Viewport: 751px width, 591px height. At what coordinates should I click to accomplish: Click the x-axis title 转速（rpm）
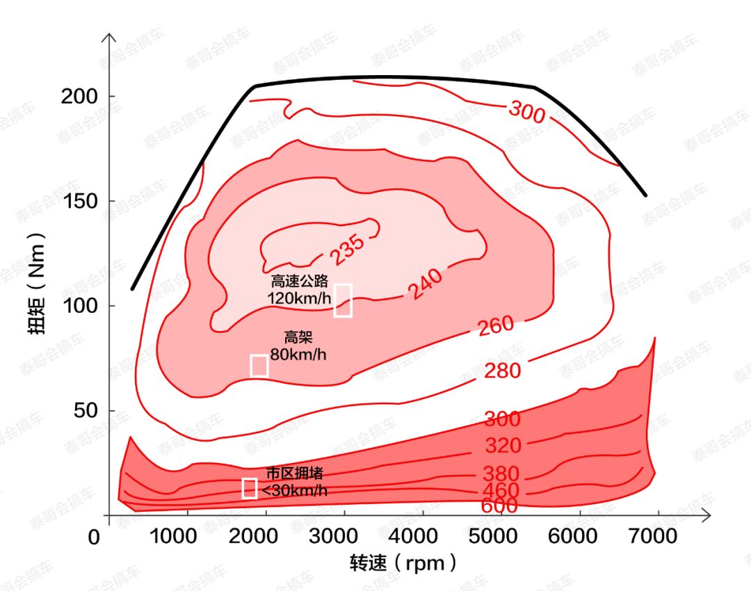point(404,562)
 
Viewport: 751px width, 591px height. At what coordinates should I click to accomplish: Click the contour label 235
point(347,249)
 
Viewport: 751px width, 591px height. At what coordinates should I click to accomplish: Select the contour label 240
point(425,284)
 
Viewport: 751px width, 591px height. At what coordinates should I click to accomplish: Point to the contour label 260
point(496,325)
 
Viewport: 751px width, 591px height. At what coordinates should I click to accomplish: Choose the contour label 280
point(502,371)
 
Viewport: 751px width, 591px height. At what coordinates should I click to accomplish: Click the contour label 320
point(503,445)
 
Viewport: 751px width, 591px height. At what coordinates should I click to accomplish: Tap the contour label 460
point(501,491)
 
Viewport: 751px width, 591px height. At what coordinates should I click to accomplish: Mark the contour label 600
point(499,505)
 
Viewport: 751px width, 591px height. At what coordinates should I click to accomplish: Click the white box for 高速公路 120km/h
point(343,300)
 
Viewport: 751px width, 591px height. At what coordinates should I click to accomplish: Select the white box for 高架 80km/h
point(259,365)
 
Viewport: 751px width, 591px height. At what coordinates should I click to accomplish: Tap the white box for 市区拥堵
point(250,488)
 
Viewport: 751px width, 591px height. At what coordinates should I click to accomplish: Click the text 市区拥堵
point(295,473)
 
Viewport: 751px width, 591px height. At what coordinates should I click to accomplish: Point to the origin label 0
point(94,538)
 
